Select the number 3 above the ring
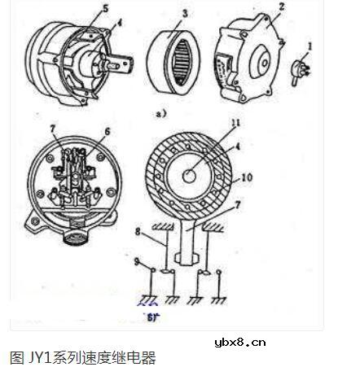[184, 15]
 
